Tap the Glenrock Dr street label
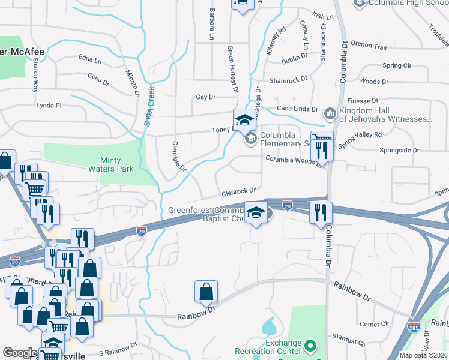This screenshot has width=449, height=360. (x=239, y=192)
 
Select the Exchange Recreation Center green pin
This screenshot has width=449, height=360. (x=310, y=346)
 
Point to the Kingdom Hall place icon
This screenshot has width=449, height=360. (x=330, y=113)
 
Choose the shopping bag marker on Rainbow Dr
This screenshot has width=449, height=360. (x=206, y=292)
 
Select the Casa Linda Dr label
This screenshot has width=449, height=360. (x=296, y=109)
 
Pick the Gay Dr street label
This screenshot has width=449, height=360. (x=205, y=97)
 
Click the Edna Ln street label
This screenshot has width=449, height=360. (x=90, y=58)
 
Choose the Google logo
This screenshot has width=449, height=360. (x=20, y=352)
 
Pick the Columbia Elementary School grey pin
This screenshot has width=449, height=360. (x=250, y=139)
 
